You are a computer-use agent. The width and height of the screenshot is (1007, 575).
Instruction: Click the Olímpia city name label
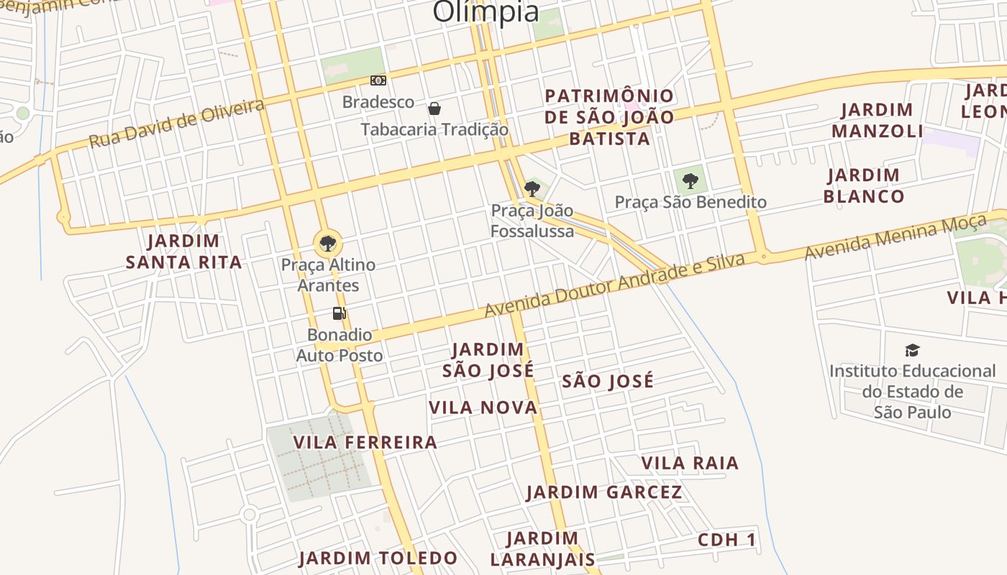click(x=486, y=11)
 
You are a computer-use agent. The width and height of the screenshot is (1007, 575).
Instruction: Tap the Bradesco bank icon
click(x=378, y=80)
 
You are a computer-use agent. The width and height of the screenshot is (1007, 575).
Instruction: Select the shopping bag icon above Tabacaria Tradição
click(x=434, y=109)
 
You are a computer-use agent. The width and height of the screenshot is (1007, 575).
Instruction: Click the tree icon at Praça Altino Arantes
click(x=328, y=243)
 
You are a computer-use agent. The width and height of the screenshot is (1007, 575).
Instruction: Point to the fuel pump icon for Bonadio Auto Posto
click(x=339, y=313)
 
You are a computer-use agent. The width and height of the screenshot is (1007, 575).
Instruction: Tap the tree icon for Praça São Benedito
click(x=691, y=180)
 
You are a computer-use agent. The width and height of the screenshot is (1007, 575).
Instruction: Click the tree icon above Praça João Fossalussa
click(x=532, y=189)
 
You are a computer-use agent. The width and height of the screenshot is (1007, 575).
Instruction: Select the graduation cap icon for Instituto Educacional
click(x=912, y=350)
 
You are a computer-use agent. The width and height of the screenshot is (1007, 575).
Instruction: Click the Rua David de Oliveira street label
click(x=176, y=124)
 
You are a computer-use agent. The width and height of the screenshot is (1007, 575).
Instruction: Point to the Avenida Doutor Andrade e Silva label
click(x=614, y=285)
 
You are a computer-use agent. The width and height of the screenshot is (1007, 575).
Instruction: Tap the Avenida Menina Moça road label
click(x=895, y=237)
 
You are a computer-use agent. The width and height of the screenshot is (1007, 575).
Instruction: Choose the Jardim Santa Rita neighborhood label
click(x=183, y=252)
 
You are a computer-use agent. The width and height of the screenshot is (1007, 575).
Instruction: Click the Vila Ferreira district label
click(x=365, y=442)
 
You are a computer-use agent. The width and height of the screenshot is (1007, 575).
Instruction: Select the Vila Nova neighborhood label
click(x=483, y=408)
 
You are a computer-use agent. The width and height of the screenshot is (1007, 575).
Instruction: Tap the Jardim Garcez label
click(x=604, y=492)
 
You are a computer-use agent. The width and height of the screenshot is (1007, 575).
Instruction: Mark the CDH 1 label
click(x=727, y=540)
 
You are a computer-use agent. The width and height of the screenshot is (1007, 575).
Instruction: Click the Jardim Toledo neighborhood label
click(x=378, y=558)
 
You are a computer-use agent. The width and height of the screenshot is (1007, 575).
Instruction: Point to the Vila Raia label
click(x=690, y=463)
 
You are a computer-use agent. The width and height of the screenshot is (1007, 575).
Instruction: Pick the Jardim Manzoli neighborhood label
click(x=877, y=120)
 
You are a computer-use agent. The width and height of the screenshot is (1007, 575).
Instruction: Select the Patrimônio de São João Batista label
click(x=609, y=117)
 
